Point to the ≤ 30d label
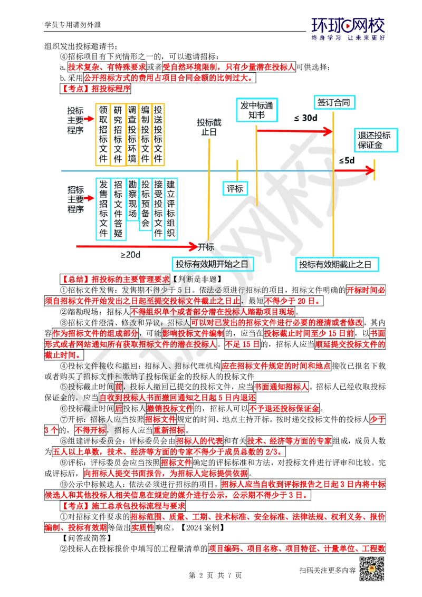306,118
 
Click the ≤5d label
346,160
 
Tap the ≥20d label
130,255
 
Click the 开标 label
206,246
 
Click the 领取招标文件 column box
103,134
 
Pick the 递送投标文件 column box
158,134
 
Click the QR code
371,569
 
